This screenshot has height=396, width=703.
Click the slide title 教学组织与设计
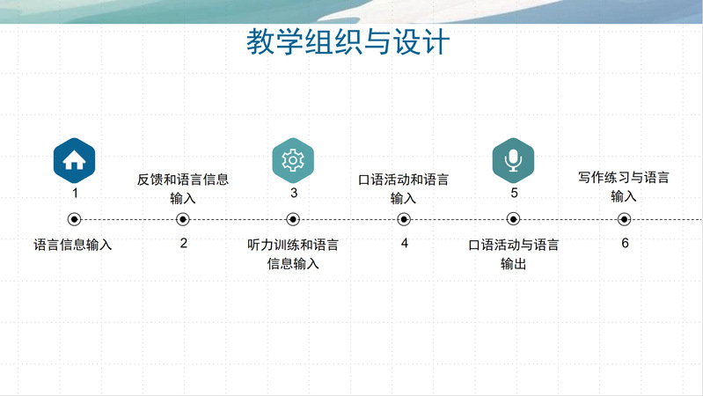click(348, 41)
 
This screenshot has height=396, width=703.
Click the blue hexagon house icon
click(74, 160)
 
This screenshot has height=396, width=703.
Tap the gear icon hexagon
click(293, 160)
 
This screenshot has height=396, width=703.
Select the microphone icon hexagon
click(513, 160)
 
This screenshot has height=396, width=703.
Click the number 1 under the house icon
click(75, 193)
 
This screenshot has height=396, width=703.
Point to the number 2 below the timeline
click(183, 243)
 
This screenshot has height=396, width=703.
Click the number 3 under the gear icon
click(294, 193)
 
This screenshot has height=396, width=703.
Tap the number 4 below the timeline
click(405, 243)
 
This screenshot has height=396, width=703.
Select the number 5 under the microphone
click(514, 193)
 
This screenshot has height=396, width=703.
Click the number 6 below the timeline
click(625, 243)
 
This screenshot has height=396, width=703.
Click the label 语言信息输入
click(73, 245)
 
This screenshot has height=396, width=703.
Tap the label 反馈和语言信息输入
click(183, 188)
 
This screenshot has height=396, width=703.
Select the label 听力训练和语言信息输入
click(293, 253)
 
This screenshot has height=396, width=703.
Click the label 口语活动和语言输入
click(403, 188)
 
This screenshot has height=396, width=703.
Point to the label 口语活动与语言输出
click(513, 253)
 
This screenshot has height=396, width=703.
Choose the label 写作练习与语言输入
click(624, 187)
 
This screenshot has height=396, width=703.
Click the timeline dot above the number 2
click(182, 219)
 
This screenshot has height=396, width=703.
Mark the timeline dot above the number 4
click(404, 219)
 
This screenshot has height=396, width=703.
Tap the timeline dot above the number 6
click(624, 219)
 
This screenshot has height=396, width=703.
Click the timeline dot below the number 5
click(513, 219)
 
